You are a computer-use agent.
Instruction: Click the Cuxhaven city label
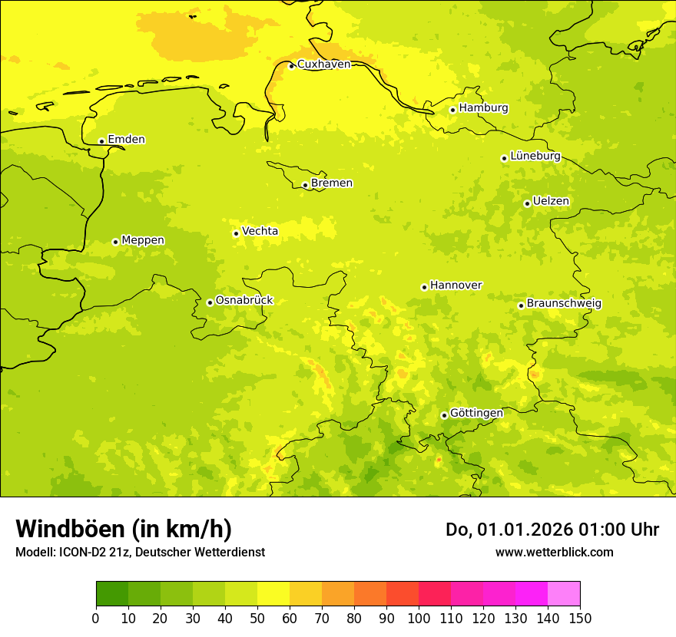click(323, 64)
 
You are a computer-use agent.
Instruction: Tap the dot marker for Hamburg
click(453, 110)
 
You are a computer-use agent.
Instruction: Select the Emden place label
click(126, 140)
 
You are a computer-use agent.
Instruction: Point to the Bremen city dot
click(305, 185)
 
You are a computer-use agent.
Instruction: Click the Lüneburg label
click(535, 156)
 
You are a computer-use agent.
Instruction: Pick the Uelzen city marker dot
click(527, 203)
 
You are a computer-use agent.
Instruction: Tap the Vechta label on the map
click(260, 231)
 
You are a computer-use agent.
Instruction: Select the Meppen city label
click(143, 240)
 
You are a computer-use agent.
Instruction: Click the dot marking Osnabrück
click(210, 302)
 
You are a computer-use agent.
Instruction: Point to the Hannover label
click(456, 285)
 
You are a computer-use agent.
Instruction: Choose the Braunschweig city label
click(564, 304)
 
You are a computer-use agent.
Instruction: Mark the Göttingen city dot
click(444, 415)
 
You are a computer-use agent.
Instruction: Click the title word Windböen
click(70, 530)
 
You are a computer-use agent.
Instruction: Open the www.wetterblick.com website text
click(554, 553)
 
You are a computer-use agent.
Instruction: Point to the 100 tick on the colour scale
click(419, 618)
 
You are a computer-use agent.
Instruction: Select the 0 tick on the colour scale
click(96, 618)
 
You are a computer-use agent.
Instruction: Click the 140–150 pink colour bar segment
click(564, 594)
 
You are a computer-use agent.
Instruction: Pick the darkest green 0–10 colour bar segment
click(112, 594)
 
